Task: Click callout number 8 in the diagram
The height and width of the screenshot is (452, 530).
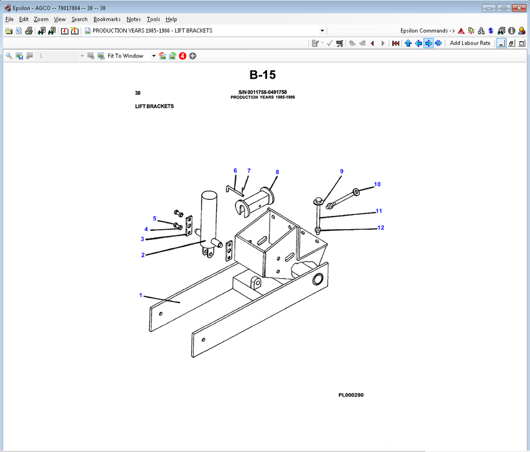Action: [x=277, y=172]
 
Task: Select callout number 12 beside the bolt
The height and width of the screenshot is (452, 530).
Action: [x=380, y=228]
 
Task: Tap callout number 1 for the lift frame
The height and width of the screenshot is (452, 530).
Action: [x=141, y=295]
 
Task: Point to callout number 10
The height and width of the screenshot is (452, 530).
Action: [x=377, y=184]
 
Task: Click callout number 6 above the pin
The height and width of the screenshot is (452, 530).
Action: [x=235, y=171]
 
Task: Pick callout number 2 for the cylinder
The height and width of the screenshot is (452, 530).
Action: [x=143, y=255]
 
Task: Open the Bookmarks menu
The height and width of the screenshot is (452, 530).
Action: [x=107, y=19]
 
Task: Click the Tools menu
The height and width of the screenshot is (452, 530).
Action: [x=153, y=19]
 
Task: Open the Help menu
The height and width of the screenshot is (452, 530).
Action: [x=171, y=19]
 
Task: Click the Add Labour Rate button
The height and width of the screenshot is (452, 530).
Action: [x=470, y=43]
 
